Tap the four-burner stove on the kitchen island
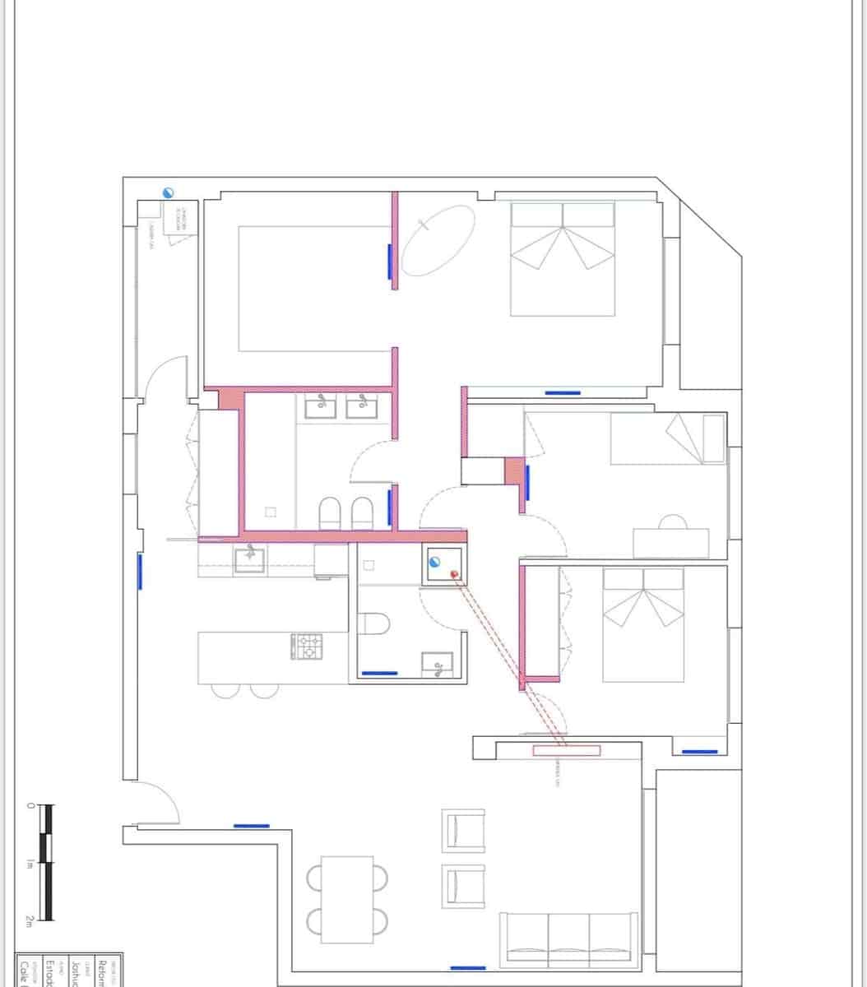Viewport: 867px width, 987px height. click(x=307, y=646)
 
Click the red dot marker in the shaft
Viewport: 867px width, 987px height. click(x=453, y=573)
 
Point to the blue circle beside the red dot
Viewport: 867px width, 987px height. click(x=435, y=563)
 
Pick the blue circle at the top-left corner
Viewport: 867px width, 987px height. click(x=168, y=192)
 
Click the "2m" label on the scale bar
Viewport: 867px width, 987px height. click(x=30, y=922)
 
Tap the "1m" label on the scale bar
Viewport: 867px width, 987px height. click(x=30, y=864)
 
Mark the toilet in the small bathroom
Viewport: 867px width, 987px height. click(x=374, y=623)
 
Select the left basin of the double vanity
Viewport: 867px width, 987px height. click(x=321, y=405)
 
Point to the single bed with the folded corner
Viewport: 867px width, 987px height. click(x=668, y=438)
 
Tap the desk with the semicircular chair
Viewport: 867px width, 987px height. click(x=670, y=542)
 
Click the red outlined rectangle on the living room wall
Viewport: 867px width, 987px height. click(x=567, y=750)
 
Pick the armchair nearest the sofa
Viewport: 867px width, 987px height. click(x=463, y=886)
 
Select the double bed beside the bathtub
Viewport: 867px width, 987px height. click(x=563, y=258)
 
